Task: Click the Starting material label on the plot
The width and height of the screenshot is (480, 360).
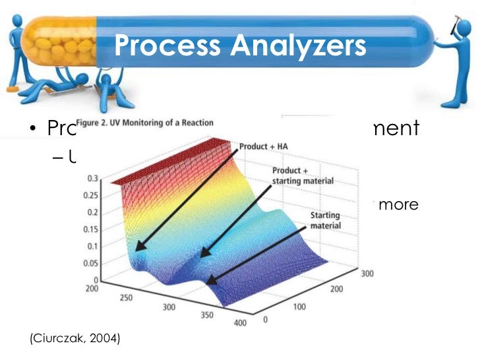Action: (324, 220)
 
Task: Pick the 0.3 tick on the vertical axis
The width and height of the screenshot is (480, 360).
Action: (93, 179)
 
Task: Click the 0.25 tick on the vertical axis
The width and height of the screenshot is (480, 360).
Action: (91, 196)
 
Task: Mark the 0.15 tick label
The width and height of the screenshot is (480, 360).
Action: (91, 231)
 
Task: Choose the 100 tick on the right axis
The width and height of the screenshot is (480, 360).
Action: (299, 307)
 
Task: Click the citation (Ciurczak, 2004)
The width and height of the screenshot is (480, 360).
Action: (75, 339)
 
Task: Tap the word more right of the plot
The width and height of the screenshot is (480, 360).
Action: (398, 204)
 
